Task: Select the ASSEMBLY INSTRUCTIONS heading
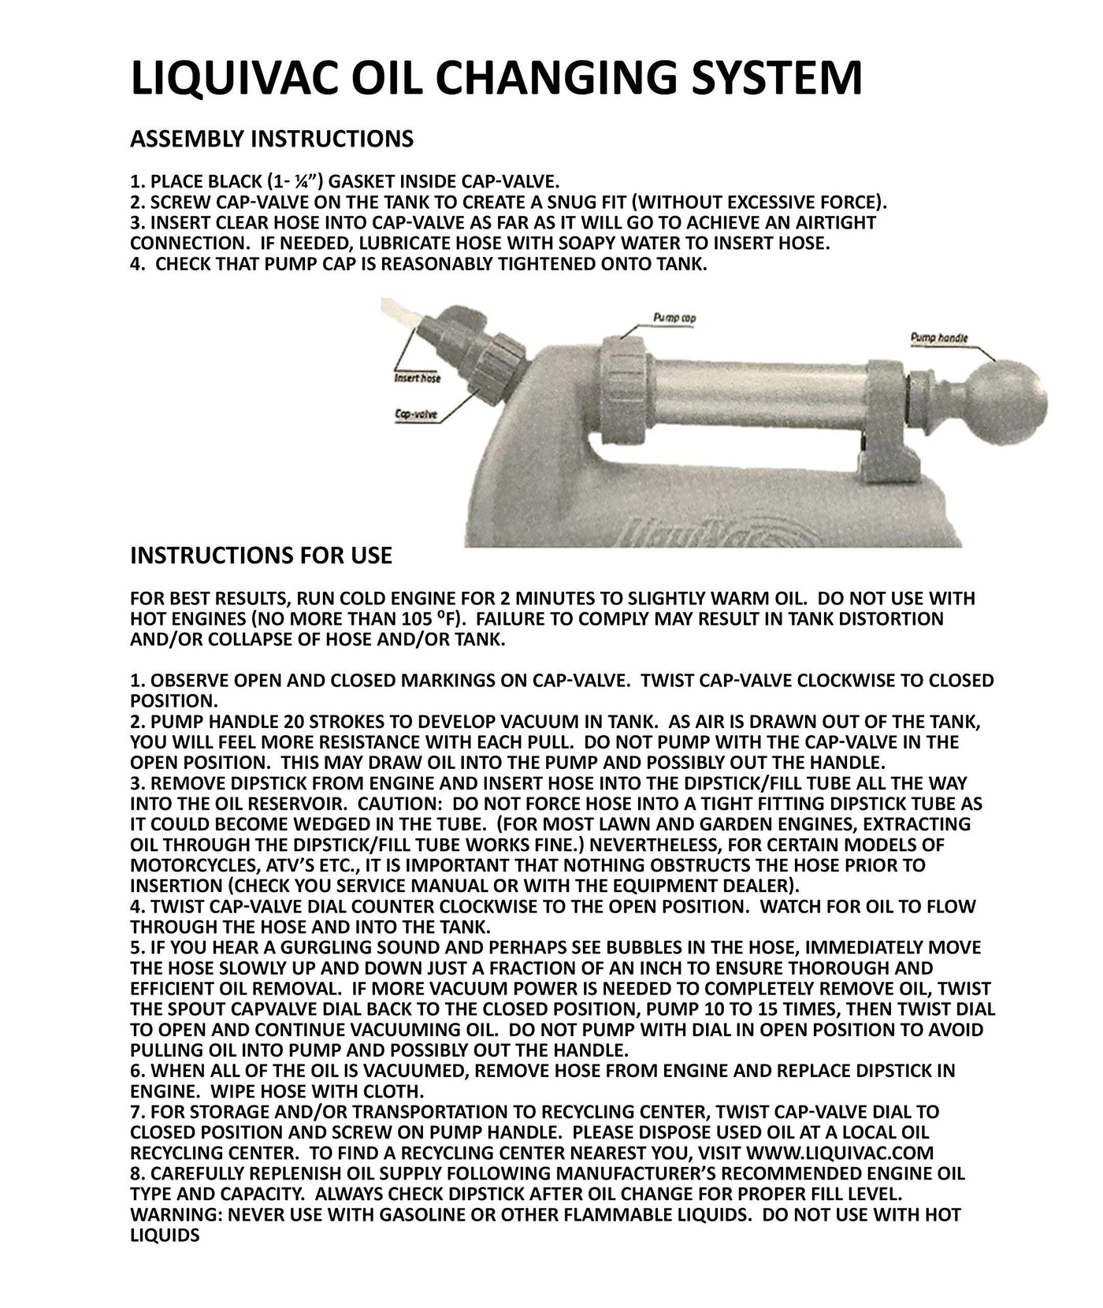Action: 271,139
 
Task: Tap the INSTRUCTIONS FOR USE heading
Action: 260,556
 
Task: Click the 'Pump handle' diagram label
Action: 939,338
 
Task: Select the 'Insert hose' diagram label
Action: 417,378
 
